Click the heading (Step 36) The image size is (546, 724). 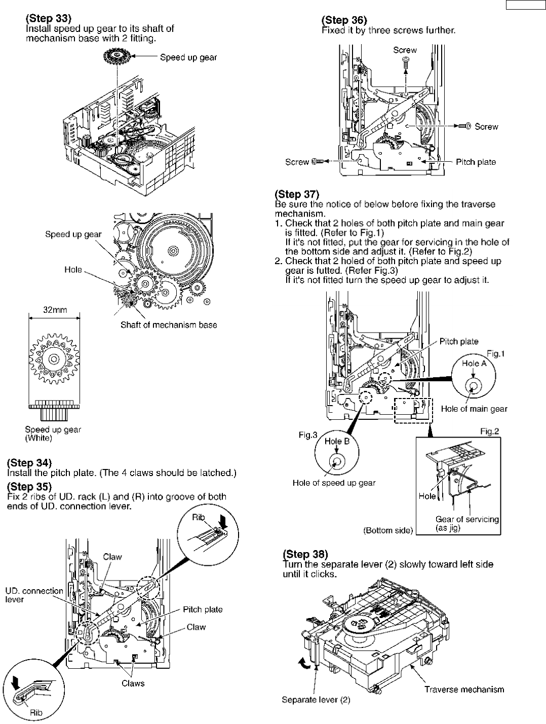point(344,20)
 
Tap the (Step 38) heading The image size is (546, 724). point(305,554)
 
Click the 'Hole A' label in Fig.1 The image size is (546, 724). point(473,363)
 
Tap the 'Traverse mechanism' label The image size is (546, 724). point(464,689)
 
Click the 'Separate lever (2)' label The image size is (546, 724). point(316,700)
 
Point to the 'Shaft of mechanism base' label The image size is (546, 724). point(169,325)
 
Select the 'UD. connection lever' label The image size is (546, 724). point(34,595)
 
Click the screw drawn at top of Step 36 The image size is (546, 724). point(405,61)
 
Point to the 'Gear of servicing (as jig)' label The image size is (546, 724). point(467,523)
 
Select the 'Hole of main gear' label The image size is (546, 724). point(474,409)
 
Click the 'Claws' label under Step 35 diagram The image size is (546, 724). point(133,683)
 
